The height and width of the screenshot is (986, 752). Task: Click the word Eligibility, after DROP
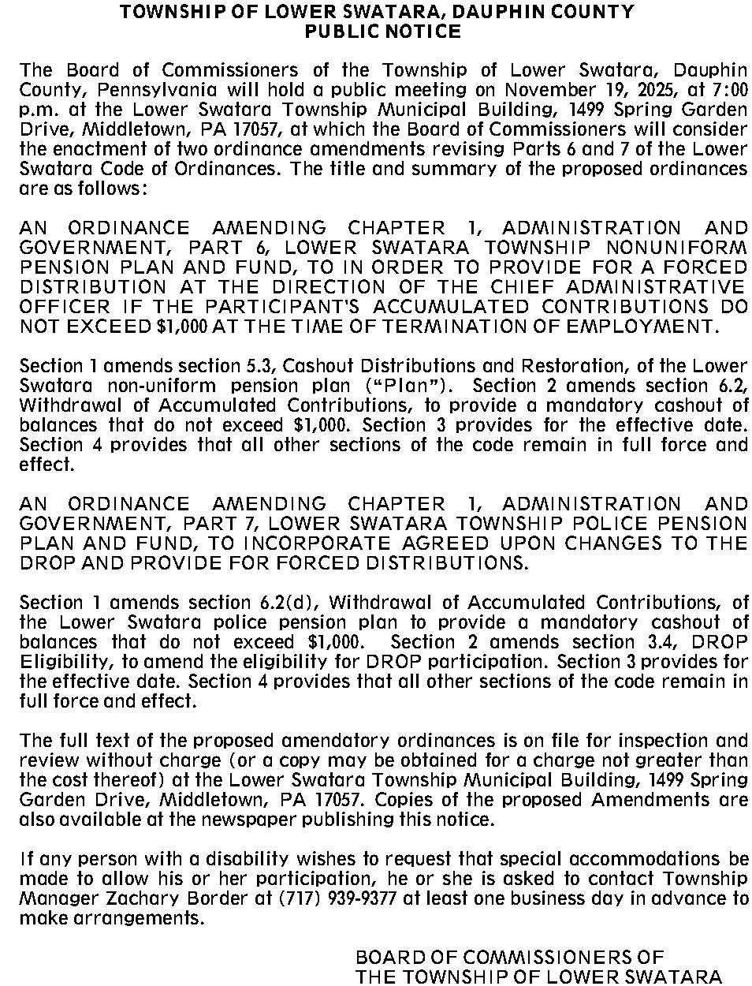coord(58,662)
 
